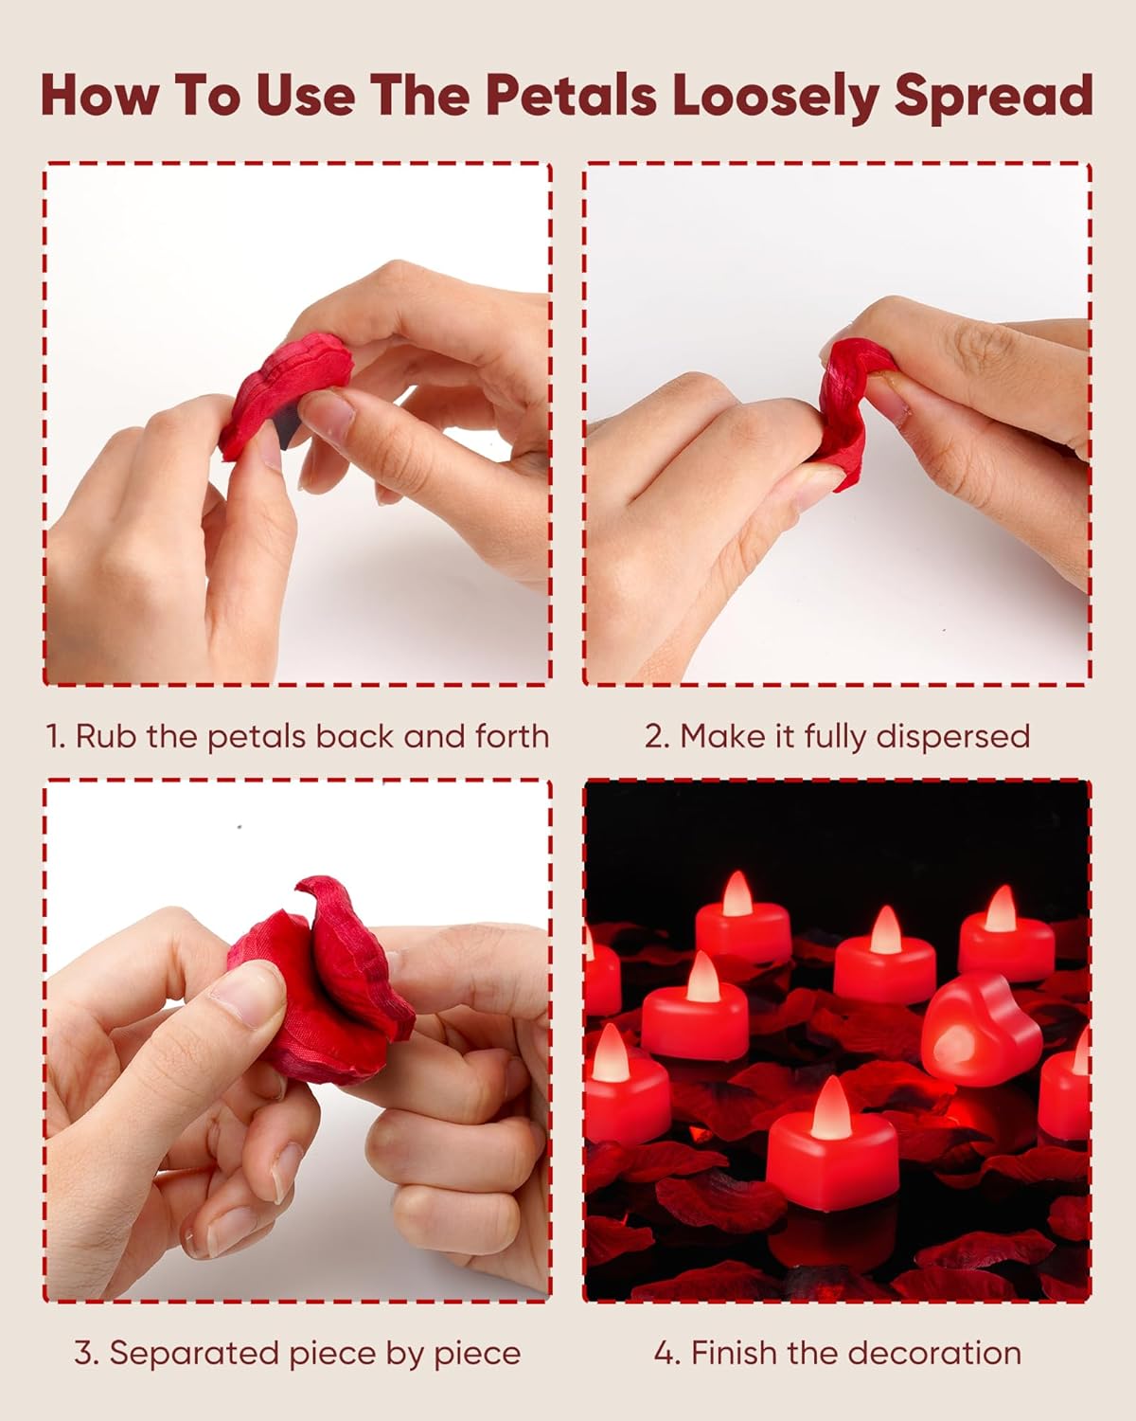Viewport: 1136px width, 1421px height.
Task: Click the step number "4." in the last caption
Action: (x=667, y=1353)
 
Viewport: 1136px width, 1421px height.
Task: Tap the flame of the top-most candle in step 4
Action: (x=737, y=893)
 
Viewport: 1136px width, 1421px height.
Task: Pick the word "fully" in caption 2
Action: (x=841, y=737)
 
